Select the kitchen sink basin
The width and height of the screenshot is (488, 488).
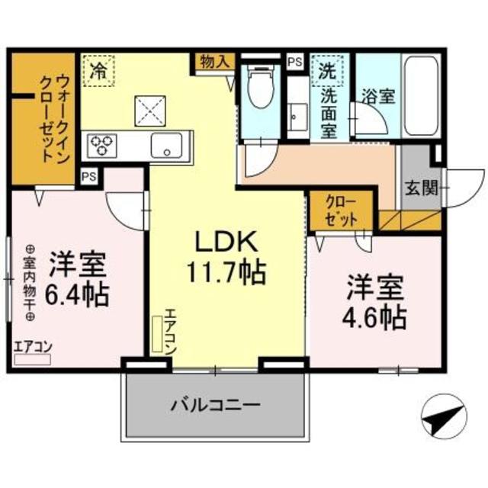165,144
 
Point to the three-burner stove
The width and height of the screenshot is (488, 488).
102,143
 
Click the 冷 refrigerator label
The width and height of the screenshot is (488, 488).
98,71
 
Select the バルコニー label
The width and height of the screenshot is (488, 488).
215,404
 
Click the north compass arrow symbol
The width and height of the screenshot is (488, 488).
441,418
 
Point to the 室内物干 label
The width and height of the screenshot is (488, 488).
29,281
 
